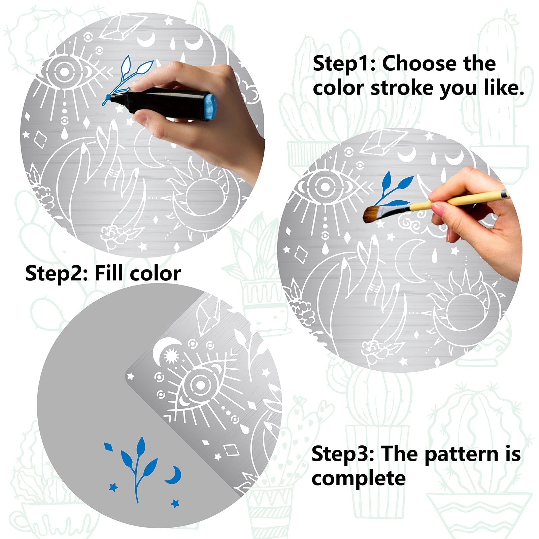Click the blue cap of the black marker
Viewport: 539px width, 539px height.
tap(210, 107)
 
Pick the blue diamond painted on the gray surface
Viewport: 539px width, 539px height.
tap(108, 447)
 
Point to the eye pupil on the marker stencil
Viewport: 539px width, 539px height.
tap(64, 71)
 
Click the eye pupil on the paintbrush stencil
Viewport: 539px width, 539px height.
tap(325, 186)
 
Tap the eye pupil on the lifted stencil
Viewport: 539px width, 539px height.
tap(200, 385)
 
